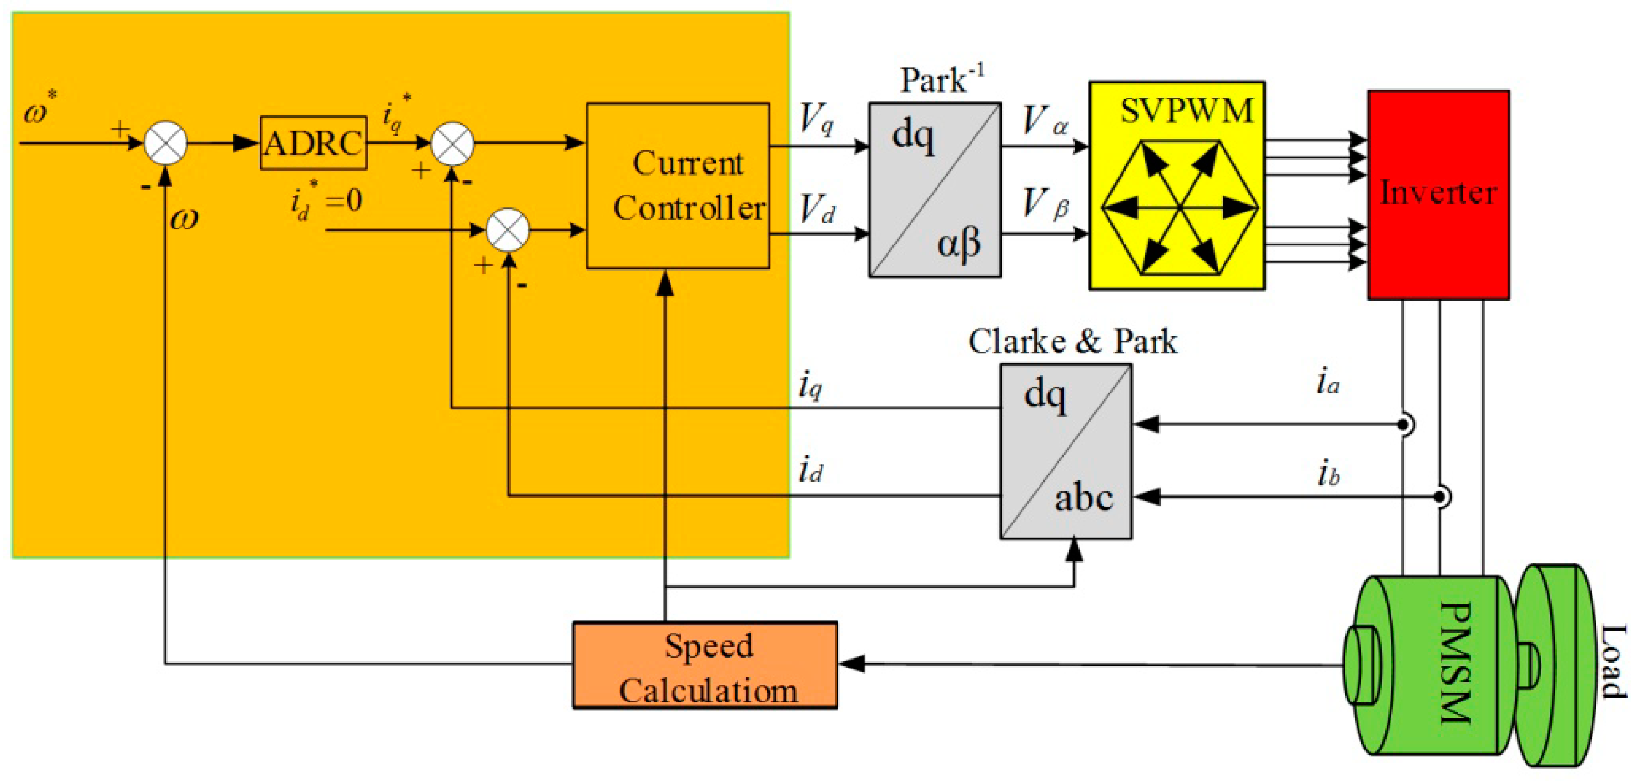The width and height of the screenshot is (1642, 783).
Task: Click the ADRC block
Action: pos(313,143)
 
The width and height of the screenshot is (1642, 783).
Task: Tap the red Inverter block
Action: pos(1438,195)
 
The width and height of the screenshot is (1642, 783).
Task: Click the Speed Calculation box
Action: pos(705,665)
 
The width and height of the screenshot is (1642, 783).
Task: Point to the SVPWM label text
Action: pos(1186,111)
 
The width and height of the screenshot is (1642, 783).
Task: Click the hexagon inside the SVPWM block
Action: pos(1180,208)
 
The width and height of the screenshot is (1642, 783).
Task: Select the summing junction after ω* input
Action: pos(166,143)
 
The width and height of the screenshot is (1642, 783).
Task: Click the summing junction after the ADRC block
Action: pos(452,143)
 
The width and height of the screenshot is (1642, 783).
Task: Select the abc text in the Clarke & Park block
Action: pos(1083,498)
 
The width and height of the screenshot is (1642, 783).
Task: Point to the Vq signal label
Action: pos(816,118)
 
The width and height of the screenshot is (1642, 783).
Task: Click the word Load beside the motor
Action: pos(1613,663)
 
